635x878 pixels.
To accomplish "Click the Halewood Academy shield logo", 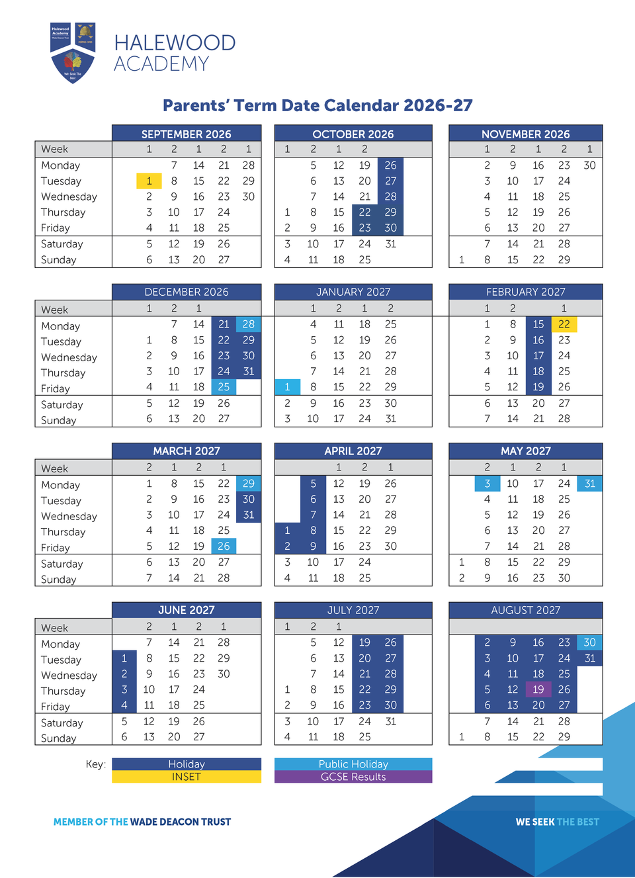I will [x=73, y=53].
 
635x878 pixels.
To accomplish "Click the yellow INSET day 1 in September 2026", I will [x=149, y=181].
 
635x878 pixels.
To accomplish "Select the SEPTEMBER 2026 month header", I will [x=186, y=134].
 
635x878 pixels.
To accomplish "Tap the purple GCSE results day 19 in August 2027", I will [x=538, y=689].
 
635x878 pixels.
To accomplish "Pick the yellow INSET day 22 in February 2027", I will [x=564, y=324].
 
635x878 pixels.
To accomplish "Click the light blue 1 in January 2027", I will [x=287, y=387].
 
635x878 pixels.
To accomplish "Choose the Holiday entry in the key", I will [x=186, y=764].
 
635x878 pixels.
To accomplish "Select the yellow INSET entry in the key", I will [x=186, y=777].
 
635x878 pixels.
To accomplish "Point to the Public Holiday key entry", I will [x=353, y=764].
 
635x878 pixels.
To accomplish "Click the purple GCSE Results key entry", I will [x=353, y=777].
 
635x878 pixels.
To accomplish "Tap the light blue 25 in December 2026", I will [x=224, y=387].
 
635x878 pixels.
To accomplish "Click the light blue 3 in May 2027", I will [x=487, y=484].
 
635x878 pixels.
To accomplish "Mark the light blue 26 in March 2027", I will [x=224, y=547].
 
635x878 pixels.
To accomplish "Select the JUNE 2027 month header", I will [x=186, y=610].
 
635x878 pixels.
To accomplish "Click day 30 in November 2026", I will [x=589, y=165].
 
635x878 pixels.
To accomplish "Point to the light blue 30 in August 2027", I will [x=589, y=642].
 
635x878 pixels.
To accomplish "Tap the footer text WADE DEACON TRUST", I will [x=181, y=822].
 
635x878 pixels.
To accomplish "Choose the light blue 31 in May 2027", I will [x=589, y=484].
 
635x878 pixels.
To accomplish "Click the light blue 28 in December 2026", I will [x=249, y=324].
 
